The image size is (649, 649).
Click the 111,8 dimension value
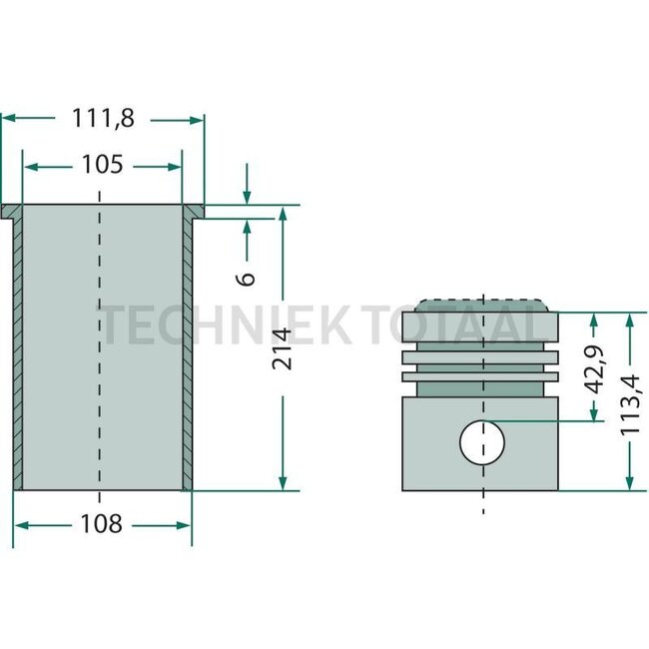(x=102, y=118)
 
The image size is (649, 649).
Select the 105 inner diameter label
(x=102, y=165)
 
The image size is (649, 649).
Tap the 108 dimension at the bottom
(x=102, y=523)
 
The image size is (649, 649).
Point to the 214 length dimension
(x=284, y=348)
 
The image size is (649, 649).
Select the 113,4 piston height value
(x=629, y=402)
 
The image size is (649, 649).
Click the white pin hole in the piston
(x=482, y=442)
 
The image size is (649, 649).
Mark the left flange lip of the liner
(x=10, y=212)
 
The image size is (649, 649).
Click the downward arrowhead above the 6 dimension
(x=247, y=199)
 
